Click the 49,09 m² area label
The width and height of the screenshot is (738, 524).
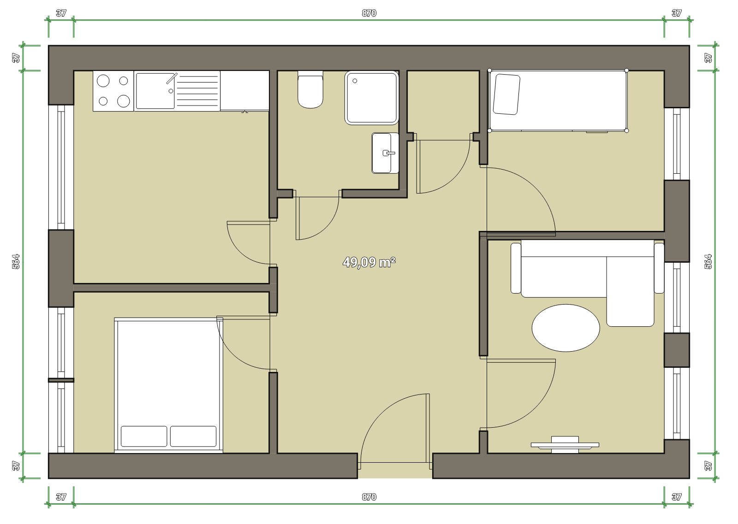point(369,262)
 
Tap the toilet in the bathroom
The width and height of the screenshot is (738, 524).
point(310,89)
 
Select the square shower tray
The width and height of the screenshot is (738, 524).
point(372,98)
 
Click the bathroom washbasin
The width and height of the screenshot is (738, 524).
point(385,153)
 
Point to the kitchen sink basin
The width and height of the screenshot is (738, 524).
point(155,91)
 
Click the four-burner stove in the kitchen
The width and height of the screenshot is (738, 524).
point(113,91)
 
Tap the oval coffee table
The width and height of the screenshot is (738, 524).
point(565,328)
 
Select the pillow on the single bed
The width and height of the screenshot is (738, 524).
point(506,94)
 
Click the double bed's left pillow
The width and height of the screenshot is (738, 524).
point(144,436)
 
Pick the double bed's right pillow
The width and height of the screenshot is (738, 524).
point(193,436)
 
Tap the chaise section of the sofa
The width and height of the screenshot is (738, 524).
point(630,291)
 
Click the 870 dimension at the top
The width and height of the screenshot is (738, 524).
point(369,13)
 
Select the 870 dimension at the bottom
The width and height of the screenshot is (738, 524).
point(369,497)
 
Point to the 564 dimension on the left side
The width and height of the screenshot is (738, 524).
point(16,262)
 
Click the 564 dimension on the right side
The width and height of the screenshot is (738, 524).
point(708,262)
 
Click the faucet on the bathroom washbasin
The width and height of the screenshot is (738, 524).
point(389,153)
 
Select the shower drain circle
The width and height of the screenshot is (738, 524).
point(355,81)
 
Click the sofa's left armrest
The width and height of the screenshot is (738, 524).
point(516,268)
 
